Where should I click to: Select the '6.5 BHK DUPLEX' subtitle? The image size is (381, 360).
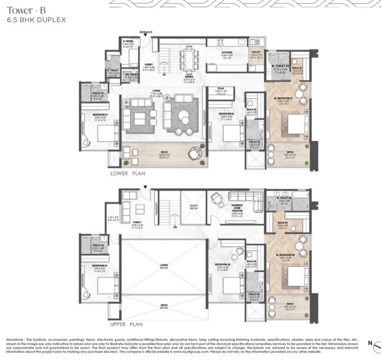(33, 20)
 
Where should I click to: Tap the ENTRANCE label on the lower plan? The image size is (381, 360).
(146, 31)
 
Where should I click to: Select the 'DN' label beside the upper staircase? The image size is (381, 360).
(175, 227)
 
